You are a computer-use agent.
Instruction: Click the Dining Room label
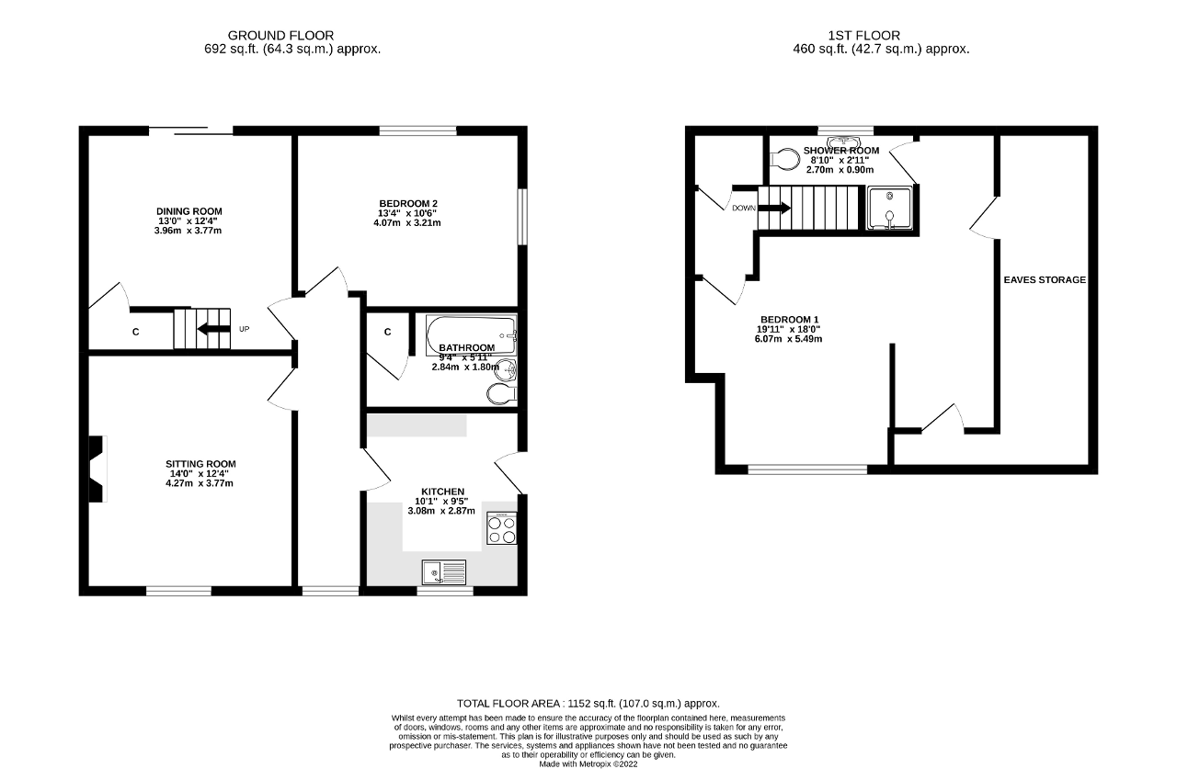tap(189, 212)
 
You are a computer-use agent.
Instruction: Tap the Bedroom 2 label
tap(408, 204)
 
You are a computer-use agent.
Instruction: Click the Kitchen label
tap(442, 492)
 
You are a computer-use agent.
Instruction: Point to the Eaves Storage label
tap(1045, 280)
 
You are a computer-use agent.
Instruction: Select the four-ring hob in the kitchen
tap(501, 530)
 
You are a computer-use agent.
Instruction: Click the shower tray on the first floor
tap(891, 208)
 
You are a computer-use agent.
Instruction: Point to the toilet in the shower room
tap(783, 160)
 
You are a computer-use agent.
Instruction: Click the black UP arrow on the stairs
tap(216, 329)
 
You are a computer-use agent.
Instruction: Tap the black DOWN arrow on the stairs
tap(773, 208)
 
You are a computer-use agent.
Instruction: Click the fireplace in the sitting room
tap(97, 469)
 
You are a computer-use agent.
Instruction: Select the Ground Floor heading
tap(280, 36)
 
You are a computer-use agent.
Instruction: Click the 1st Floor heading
tap(881, 36)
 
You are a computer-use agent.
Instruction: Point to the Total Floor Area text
tap(588, 703)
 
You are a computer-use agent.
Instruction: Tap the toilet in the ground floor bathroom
tap(500, 395)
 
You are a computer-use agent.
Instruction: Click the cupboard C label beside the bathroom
tap(387, 332)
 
